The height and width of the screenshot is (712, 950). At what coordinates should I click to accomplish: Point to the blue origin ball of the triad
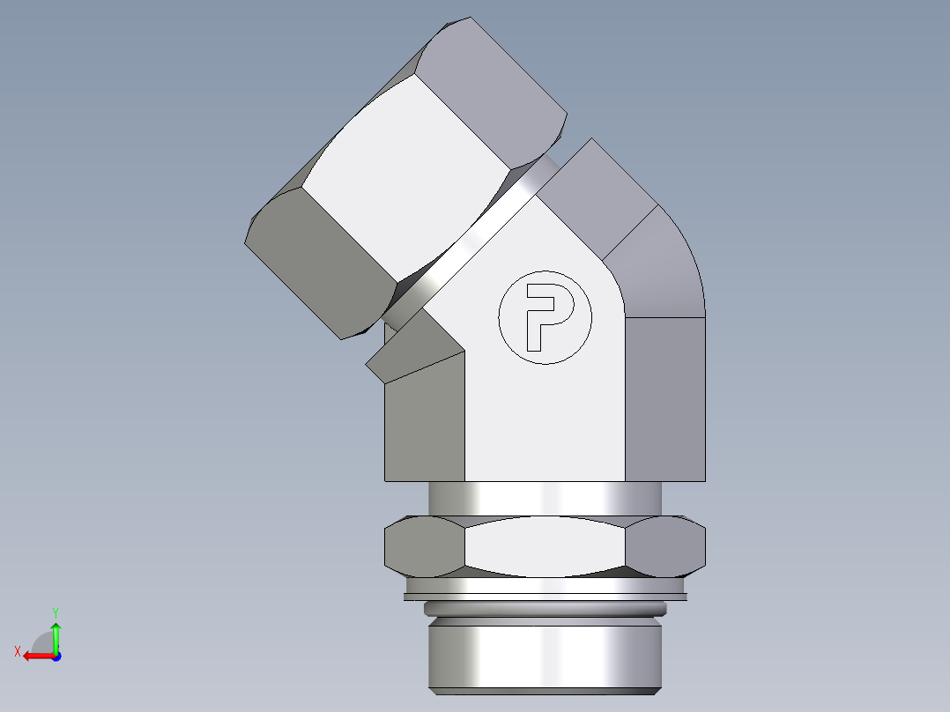56,656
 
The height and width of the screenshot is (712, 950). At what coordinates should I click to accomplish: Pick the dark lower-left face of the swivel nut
322,264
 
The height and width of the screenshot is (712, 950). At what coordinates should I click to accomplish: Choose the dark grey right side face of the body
664,397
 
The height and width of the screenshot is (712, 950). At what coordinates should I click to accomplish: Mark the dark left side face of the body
425,423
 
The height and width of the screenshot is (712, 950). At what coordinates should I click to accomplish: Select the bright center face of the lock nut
545,546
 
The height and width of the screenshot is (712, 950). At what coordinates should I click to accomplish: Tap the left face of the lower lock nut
423,546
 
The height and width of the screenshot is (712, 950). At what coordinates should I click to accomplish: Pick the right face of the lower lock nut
667,546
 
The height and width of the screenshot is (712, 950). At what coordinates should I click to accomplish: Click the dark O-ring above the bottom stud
545,608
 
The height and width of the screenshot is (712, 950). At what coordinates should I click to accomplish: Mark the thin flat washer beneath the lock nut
545,597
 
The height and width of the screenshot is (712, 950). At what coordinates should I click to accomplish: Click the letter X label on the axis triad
17,651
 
